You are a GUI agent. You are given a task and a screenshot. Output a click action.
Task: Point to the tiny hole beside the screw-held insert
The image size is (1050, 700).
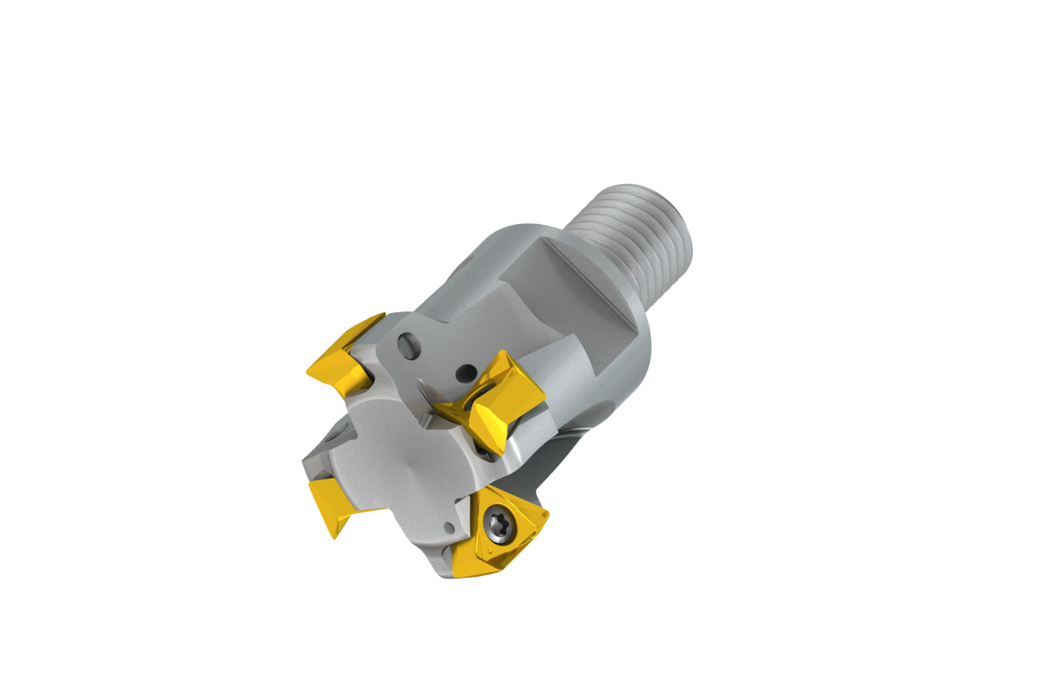[448, 526]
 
